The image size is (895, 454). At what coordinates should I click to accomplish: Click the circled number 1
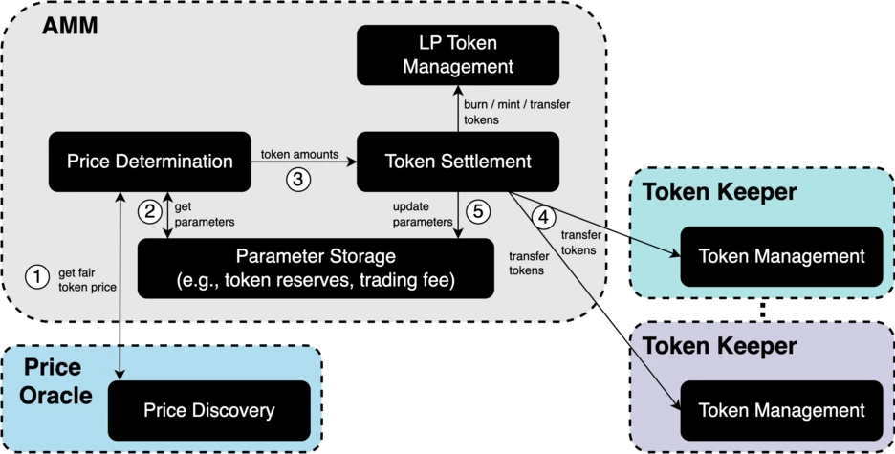click(36, 277)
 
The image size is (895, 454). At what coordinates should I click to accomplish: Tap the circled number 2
click(148, 212)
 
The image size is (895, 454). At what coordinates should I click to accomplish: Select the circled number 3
click(298, 178)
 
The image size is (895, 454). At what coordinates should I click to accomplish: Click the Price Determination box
click(150, 162)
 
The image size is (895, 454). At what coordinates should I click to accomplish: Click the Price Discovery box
click(208, 410)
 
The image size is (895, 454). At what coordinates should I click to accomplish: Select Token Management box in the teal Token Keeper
click(781, 256)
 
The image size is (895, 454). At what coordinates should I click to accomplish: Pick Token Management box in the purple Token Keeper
click(781, 410)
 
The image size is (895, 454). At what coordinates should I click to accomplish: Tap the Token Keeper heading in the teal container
click(719, 192)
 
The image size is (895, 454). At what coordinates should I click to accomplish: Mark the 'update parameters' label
click(422, 214)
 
